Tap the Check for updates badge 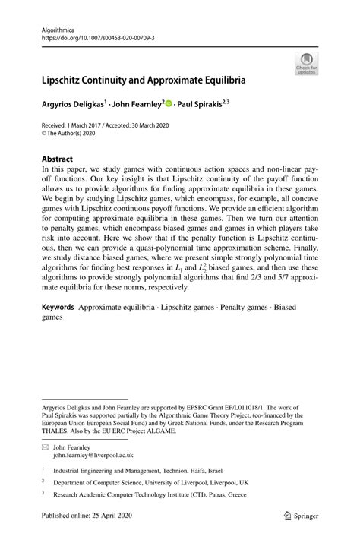point(308,64)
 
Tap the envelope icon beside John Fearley point(45,447)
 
